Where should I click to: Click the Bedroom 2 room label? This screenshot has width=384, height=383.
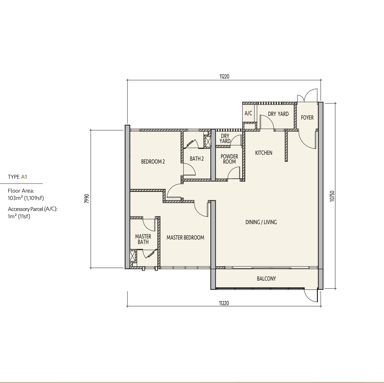[153, 161]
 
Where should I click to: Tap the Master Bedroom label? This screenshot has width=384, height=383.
[185, 237]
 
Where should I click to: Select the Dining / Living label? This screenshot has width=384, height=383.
[261, 222]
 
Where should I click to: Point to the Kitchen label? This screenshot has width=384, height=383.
[264, 153]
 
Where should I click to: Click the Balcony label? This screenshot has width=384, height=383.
[267, 278]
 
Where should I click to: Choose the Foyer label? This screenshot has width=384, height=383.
[307, 117]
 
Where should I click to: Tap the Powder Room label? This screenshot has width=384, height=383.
[229, 159]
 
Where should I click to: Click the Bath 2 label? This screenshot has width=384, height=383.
[197, 158]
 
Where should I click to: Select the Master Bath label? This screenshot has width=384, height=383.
[143, 239]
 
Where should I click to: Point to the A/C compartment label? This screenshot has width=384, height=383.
[248, 113]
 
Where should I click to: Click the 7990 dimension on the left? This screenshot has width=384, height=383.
[86, 199]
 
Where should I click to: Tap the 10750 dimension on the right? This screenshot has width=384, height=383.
[332, 196]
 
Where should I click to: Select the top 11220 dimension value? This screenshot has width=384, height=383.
[224, 76]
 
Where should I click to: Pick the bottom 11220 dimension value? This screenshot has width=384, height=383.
[224, 303]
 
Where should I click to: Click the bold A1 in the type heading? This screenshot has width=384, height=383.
[24, 177]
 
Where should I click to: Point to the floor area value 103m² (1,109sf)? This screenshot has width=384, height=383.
[26, 198]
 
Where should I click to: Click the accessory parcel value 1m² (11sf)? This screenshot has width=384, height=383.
[19, 216]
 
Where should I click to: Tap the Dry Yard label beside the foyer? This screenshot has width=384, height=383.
[278, 114]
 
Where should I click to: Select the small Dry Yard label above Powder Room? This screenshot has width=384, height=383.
[225, 138]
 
